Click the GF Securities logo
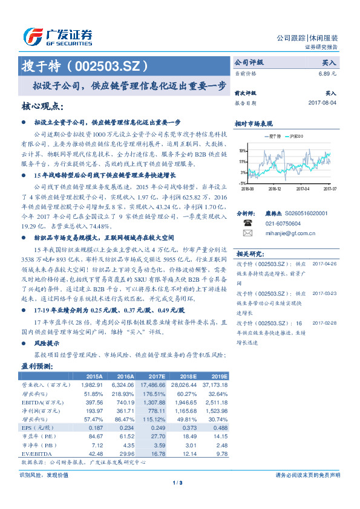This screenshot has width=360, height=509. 58,37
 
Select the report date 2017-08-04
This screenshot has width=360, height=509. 322,103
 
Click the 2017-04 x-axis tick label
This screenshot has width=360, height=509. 302,189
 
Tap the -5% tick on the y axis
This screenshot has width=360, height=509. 242,183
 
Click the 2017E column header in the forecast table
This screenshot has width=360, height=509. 157,375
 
